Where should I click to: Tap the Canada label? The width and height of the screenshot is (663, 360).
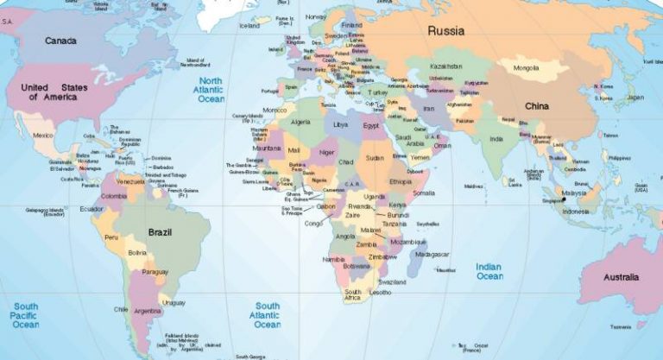click(60, 41)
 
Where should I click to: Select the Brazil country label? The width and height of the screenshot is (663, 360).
click(161, 233)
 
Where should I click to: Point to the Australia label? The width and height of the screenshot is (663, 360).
click(621, 277)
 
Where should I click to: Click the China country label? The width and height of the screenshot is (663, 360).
click(537, 106)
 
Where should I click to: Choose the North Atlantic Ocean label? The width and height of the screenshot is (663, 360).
click(211, 89)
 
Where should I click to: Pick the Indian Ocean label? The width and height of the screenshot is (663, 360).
click(489, 271)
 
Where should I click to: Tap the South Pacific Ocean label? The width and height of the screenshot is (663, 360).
click(26, 315)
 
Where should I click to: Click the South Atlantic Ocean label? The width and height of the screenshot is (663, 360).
click(267, 315)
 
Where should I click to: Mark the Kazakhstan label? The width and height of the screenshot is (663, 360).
click(448, 66)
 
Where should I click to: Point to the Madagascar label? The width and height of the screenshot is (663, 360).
click(432, 255)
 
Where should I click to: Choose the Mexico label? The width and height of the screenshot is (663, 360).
click(43, 136)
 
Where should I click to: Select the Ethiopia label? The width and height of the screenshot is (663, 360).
click(401, 182)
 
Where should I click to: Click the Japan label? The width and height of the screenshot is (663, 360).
click(635, 98)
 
